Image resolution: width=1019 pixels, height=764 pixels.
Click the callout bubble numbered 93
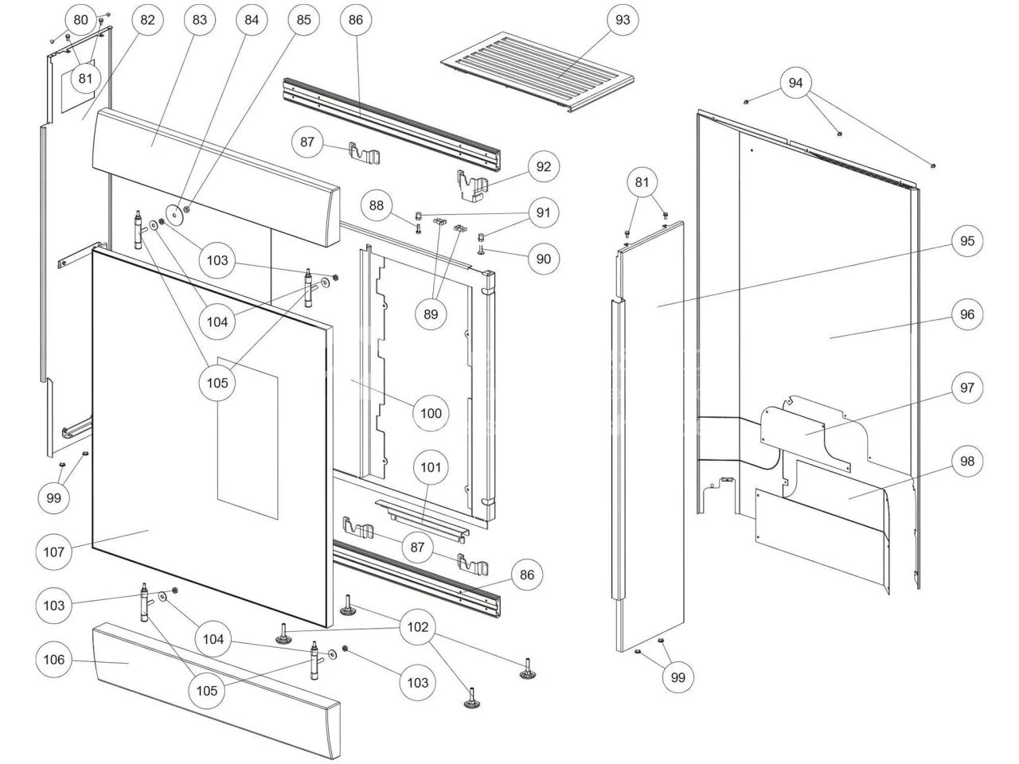pyautogui.click(x=623, y=20)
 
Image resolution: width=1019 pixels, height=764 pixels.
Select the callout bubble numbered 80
pyautogui.click(x=80, y=20)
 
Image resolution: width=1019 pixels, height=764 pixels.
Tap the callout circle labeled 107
pyautogui.click(x=54, y=550)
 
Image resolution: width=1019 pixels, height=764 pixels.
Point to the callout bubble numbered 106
pyautogui.click(x=54, y=660)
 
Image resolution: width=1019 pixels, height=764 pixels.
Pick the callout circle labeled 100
pyautogui.click(x=431, y=413)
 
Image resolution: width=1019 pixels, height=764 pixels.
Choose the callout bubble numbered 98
pyautogui.click(x=966, y=461)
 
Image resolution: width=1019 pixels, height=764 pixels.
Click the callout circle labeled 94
pyautogui.click(x=796, y=83)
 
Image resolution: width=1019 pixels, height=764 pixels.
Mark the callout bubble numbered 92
pyautogui.click(x=544, y=166)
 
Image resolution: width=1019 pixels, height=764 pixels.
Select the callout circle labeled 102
pyautogui.click(x=418, y=626)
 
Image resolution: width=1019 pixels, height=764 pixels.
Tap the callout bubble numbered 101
pyautogui.click(x=431, y=467)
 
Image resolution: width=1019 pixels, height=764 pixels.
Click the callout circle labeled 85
pyautogui.click(x=304, y=20)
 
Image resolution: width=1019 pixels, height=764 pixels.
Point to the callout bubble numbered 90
pyautogui.click(x=544, y=259)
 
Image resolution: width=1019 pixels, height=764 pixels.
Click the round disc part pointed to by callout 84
pyautogui.click(x=174, y=213)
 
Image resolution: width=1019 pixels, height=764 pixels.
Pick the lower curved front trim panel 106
pyautogui.click(x=215, y=692)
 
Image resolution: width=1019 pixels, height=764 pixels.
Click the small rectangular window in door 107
pyautogui.click(x=248, y=437)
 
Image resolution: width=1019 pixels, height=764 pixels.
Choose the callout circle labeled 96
pyautogui.click(x=966, y=314)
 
